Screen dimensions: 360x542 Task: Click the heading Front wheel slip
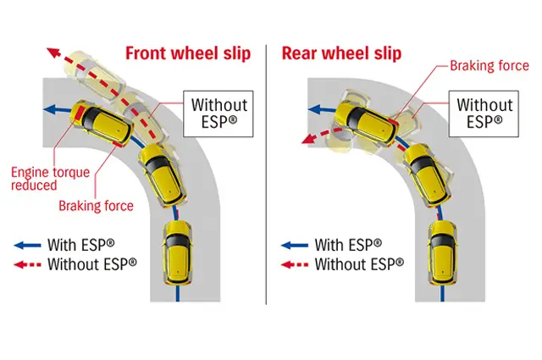pyautogui.click(x=188, y=53)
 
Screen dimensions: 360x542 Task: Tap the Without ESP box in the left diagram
pyautogui.click(x=218, y=114)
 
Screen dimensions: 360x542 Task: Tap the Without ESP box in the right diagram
pyautogui.click(x=484, y=114)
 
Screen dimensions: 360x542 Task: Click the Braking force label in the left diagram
pyautogui.click(x=96, y=205)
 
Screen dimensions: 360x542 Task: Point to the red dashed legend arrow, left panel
pyautogui.click(x=27, y=263)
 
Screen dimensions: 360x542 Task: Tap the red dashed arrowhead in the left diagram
pyautogui.click(x=53, y=52)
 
